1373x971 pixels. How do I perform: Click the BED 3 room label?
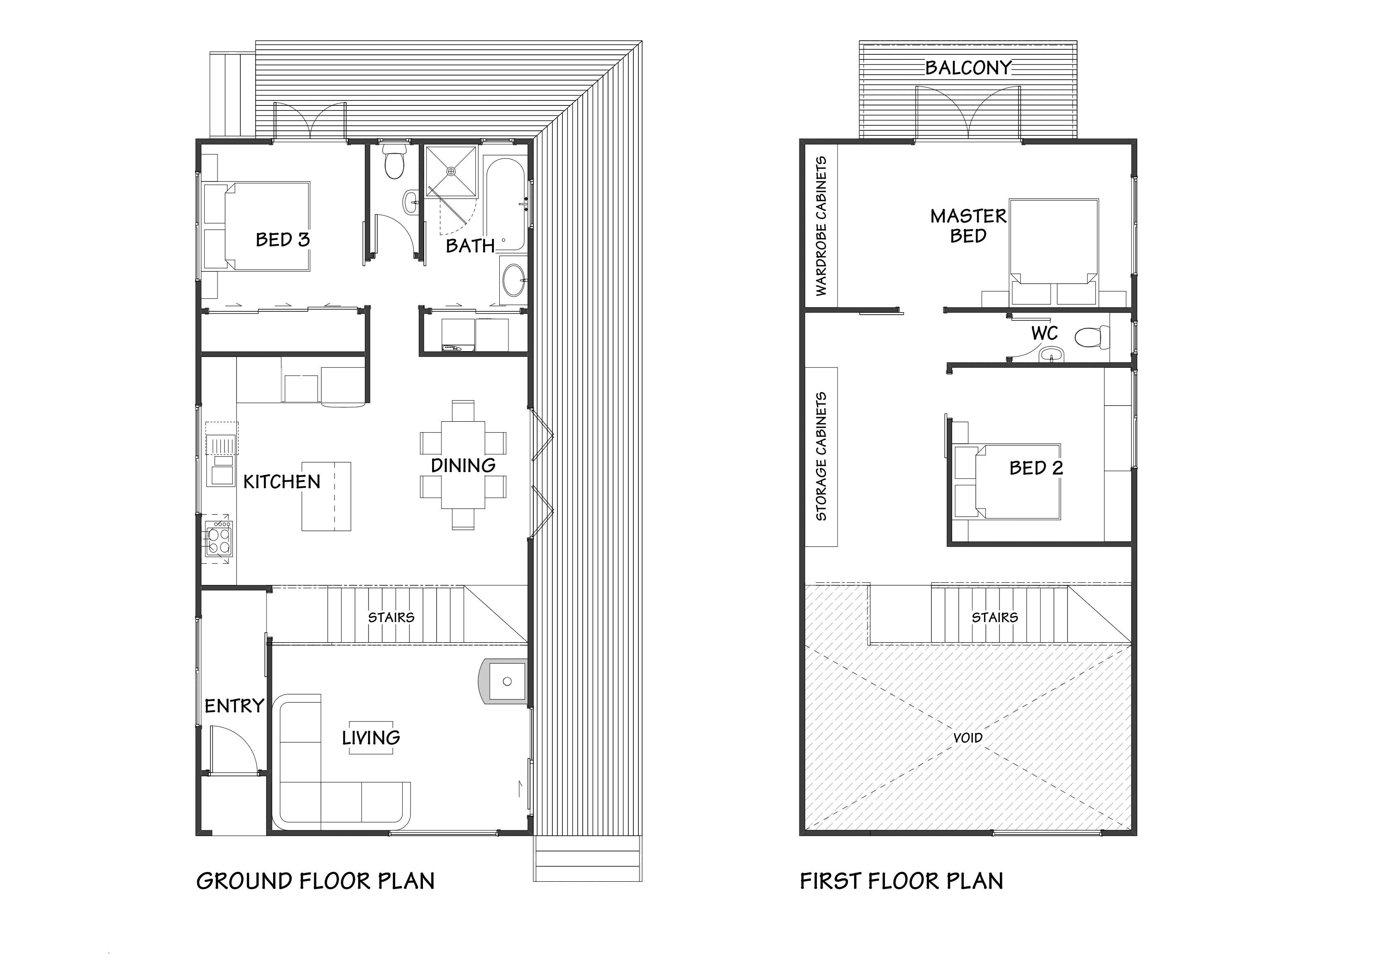[282, 240]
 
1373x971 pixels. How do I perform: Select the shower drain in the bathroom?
[452, 172]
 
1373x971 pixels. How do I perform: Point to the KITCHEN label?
[282, 482]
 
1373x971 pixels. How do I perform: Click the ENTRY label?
[234, 706]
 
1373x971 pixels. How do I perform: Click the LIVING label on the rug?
[371, 738]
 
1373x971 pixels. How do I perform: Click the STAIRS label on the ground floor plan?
[391, 617]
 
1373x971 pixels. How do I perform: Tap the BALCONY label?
[968, 68]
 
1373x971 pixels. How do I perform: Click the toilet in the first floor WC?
[1092, 338]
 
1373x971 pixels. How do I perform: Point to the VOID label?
[967, 738]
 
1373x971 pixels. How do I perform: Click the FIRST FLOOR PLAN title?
[901, 881]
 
